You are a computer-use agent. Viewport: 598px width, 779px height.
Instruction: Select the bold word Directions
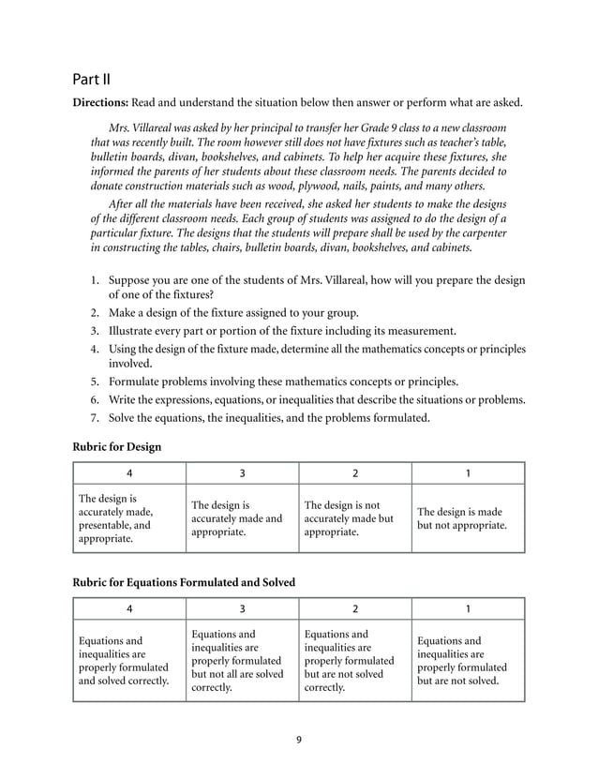point(101,101)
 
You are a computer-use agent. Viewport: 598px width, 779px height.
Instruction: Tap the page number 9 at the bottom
point(298,741)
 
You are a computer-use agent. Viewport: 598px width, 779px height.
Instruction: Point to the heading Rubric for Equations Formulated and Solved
point(184,582)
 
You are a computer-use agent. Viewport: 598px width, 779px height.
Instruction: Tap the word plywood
point(307,186)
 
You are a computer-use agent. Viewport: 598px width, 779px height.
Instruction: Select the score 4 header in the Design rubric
point(129,472)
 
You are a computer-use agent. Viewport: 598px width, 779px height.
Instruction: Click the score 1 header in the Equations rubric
point(468,607)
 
